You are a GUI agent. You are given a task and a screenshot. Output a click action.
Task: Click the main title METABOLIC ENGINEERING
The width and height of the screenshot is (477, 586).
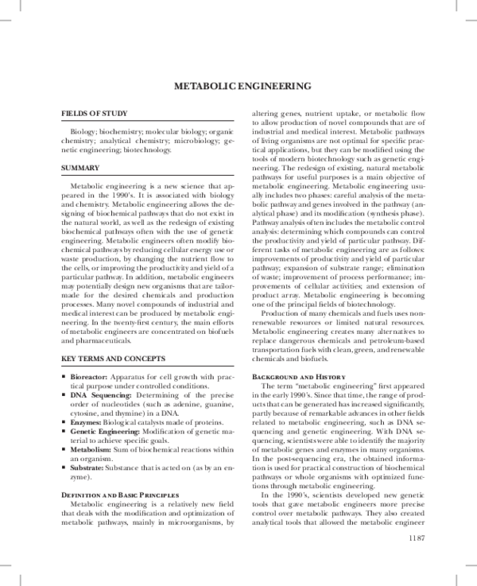tap(238, 86)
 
